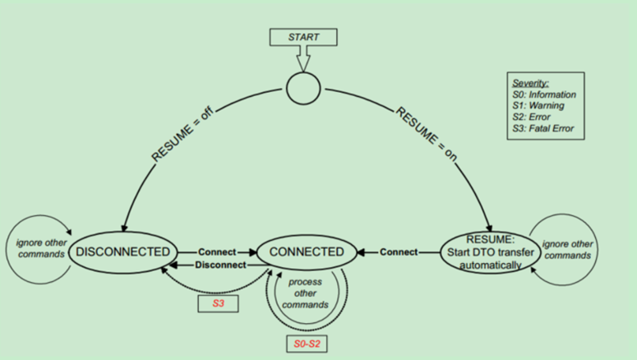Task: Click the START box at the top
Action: click(303, 37)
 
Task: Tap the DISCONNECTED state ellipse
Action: click(124, 252)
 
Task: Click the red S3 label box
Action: click(219, 303)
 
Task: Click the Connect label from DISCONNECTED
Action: click(216, 252)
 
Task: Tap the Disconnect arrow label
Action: click(220, 265)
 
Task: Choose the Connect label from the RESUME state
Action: click(399, 252)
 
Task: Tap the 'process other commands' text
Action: click(305, 293)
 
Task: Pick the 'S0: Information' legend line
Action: click(544, 95)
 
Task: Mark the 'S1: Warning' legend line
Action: click(538, 106)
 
